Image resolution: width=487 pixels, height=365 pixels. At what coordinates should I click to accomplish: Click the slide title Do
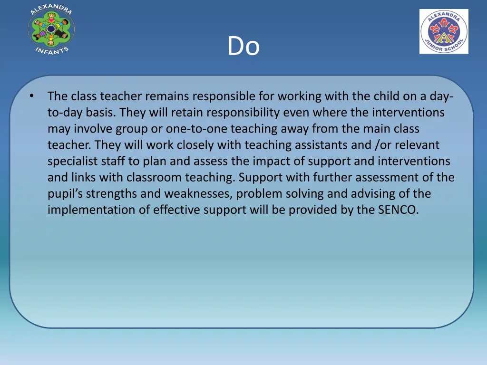[243, 47]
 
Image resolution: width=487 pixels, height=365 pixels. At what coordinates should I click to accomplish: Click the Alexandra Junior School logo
[444, 31]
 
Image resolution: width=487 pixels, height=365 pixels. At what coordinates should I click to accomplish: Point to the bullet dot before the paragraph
[31, 96]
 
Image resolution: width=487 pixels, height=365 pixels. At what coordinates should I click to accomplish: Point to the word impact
[263, 161]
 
